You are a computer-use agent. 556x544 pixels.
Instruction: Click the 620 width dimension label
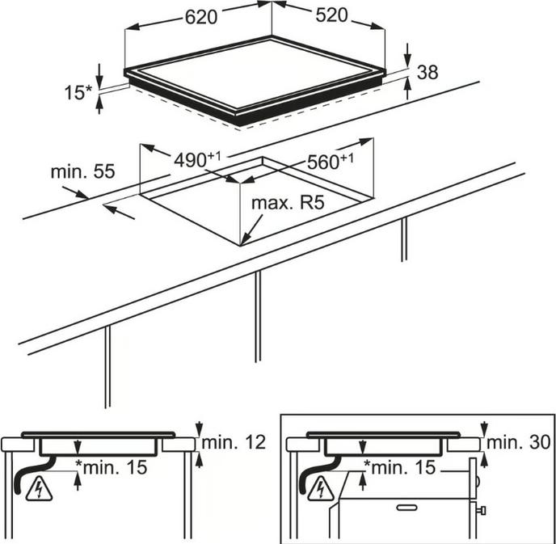[x=201, y=17]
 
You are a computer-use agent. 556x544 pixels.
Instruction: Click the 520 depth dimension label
[x=331, y=15]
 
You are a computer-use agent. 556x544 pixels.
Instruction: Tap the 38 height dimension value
[x=428, y=72]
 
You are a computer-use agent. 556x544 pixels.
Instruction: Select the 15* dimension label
[x=78, y=93]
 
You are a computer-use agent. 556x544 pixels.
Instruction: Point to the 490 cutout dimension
[x=197, y=160]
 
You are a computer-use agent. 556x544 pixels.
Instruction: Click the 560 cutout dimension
[x=331, y=162]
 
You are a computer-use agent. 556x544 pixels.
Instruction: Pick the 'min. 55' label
[x=83, y=171]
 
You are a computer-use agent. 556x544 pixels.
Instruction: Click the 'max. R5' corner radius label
[x=288, y=203]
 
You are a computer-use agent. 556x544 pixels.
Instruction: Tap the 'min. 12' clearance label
[x=234, y=442]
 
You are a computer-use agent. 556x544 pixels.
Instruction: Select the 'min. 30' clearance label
[x=518, y=442]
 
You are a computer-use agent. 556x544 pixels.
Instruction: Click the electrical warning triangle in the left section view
[x=39, y=489]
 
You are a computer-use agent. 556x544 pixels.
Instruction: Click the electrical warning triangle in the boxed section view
[x=321, y=489]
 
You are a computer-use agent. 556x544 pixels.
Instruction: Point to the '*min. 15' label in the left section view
[x=112, y=467]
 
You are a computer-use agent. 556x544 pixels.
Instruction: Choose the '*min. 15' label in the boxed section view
[x=399, y=467]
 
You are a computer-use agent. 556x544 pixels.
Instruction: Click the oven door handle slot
[x=406, y=508]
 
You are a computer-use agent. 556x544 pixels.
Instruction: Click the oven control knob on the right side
[x=482, y=511]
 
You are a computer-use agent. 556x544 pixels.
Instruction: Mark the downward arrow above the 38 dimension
[x=408, y=55]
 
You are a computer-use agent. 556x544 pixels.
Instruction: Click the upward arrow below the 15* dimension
[x=99, y=105]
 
